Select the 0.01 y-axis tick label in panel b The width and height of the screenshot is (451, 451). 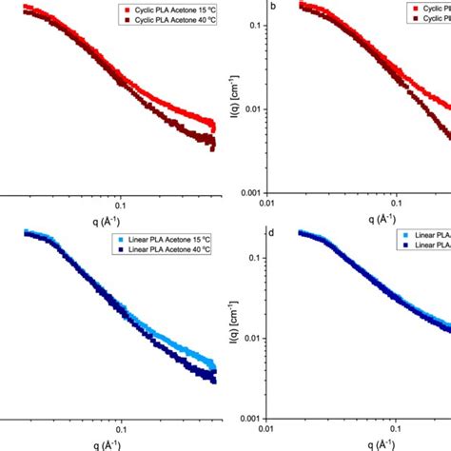pyautogui.click(x=251, y=109)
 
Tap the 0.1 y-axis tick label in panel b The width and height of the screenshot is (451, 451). pyautogui.click(x=254, y=26)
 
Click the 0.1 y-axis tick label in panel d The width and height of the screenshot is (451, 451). pyautogui.click(x=254, y=258)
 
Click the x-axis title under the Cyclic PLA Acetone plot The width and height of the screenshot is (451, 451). pyautogui.click(x=120, y=218)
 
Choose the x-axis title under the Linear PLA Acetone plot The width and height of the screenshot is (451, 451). pyautogui.click(x=120, y=442)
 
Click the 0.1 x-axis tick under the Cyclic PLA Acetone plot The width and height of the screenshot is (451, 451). pyautogui.click(x=120, y=204)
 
